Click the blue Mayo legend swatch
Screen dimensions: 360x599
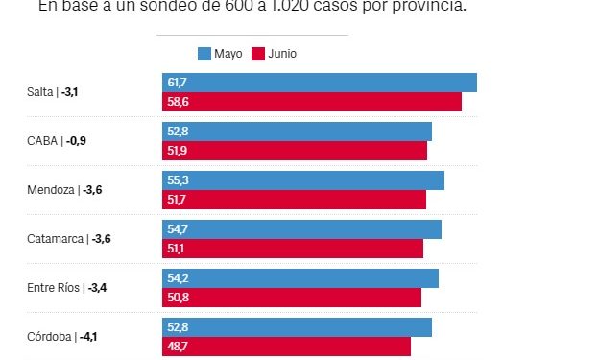tap(204, 54)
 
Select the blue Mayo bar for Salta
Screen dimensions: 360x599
tap(319, 83)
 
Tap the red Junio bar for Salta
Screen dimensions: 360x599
tap(311, 102)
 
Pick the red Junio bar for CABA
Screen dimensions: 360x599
tap(294, 151)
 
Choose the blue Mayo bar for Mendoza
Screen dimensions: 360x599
tap(302, 180)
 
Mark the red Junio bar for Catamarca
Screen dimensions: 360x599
tap(292, 249)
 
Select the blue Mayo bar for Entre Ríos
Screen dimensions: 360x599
tap(299, 278)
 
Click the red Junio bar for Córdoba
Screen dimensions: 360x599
tap(286, 347)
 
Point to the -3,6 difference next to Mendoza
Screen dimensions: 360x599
tap(92, 190)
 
